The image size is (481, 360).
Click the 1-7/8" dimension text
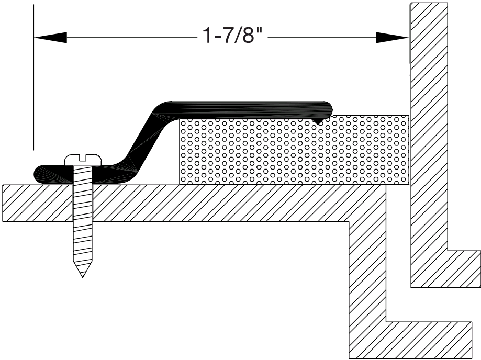pyautogui.click(x=231, y=37)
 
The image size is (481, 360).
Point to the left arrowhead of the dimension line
pyautogui.click(x=50, y=37)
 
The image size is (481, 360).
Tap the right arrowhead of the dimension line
pyautogui.click(x=393, y=37)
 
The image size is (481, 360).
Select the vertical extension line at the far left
pyautogui.click(x=34, y=78)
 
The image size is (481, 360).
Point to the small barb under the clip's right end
pyautogui.click(x=317, y=121)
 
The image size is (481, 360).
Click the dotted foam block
pyautogui.click(x=293, y=152)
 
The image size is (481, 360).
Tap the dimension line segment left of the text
pyautogui.click(x=131, y=37)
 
